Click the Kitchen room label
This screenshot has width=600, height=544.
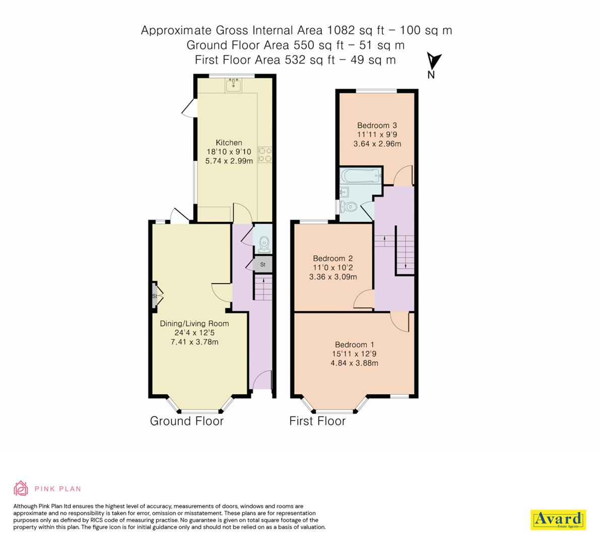[229, 143]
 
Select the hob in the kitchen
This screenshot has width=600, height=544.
[264, 154]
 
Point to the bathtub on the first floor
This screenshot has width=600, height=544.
[360, 176]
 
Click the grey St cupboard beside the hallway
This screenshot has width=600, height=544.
[262, 264]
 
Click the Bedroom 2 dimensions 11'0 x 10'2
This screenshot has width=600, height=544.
[333, 267]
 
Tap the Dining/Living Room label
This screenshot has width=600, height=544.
[194, 323]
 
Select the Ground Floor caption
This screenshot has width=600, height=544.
[186, 421]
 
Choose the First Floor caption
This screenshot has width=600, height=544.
[317, 421]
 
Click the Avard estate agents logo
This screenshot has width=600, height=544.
[558, 519]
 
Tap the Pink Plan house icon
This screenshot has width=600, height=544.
[20, 488]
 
